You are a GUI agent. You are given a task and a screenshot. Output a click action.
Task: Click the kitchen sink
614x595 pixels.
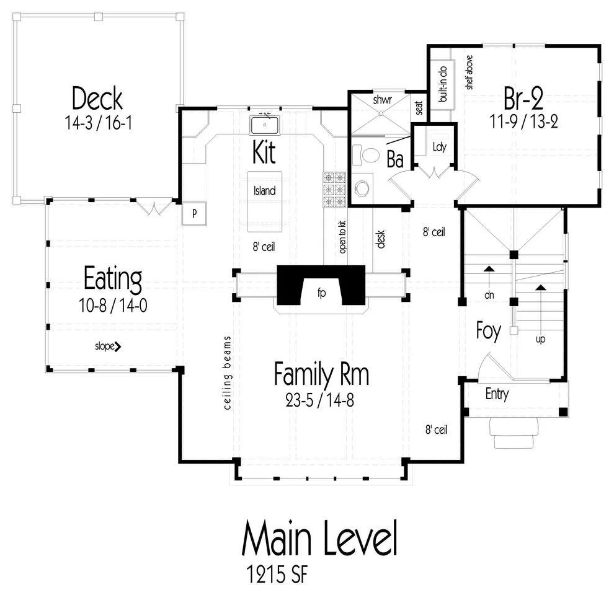(264, 125)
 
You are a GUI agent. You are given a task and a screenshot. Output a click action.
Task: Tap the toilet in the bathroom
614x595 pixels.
(367, 155)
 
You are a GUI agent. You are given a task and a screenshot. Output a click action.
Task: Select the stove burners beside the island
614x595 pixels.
(334, 190)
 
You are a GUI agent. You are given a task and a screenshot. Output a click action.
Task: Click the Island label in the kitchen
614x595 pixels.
(264, 191)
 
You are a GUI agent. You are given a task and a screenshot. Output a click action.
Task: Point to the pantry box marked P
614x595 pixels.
(194, 214)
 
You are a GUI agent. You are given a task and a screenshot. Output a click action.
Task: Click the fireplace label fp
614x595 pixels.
(321, 293)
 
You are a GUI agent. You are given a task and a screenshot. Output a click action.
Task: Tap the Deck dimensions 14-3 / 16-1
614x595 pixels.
(98, 123)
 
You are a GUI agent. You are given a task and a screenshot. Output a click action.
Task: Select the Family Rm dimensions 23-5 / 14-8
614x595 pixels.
(320, 400)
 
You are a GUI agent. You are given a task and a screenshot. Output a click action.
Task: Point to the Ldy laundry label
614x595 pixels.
(439, 147)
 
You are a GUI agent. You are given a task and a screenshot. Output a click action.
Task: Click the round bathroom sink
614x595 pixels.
(362, 188)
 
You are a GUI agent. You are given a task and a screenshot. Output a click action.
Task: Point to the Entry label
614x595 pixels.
(497, 394)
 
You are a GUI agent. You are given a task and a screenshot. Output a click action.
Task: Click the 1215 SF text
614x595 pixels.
(277, 575)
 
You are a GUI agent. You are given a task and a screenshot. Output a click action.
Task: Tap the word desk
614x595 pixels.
(380, 239)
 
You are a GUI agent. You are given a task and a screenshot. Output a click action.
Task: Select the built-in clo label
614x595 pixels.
(442, 84)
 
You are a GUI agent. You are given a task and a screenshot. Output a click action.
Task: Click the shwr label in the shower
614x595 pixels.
(382, 100)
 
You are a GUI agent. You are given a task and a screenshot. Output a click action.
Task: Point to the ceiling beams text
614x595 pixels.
(227, 372)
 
